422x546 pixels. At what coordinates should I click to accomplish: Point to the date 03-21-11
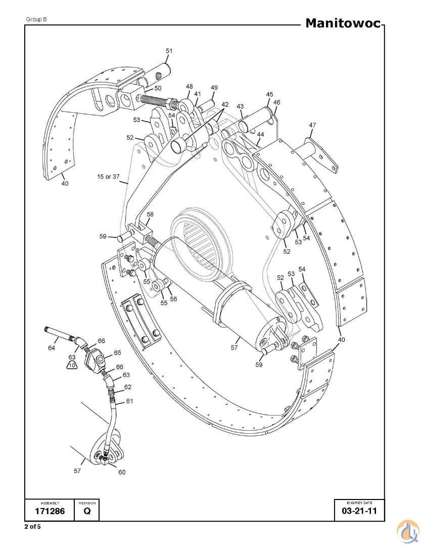coord(359,512)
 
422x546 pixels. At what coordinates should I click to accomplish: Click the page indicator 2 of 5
coord(32,527)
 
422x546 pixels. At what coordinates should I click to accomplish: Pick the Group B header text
coord(36,19)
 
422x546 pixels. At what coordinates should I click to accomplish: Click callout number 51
coord(169,51)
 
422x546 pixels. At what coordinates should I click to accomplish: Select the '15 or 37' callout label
coord(108,176)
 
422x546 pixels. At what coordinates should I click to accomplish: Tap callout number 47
coord(312,125)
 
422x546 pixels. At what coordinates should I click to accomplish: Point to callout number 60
coord(122,472)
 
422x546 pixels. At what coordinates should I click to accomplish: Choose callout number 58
coord(150,214)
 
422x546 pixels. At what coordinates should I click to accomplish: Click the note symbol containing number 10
coord(72,364)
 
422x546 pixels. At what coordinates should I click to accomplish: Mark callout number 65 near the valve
coord(117,353)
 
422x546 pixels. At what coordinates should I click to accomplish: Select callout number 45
coord(269,95)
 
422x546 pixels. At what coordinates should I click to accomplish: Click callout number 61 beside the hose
coord(129,401)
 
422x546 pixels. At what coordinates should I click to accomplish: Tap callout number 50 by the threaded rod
coord(158,88)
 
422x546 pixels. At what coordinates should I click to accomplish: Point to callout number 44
coord(260,134)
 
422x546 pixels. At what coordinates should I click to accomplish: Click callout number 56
coord(173,299)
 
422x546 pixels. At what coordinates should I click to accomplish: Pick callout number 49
coord(214,87)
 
